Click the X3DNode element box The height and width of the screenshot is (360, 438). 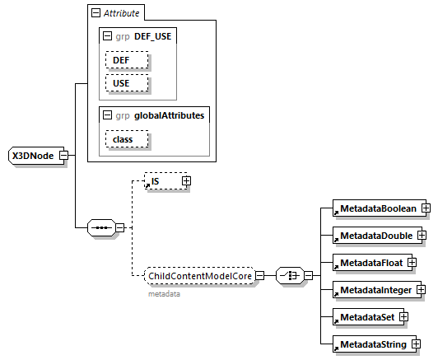(x=32, y=155)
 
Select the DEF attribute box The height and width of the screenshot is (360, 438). (x=126, y=60)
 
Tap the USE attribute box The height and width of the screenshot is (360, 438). (x=126, y=83)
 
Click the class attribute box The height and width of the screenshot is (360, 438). (x=126, y=139)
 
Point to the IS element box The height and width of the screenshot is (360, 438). (x=162, y=180)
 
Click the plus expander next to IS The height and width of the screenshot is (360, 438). (x=186, y=180)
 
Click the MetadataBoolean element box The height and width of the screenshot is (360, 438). (x=375, y=208)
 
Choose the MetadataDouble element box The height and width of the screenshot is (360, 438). (x=373, y=236)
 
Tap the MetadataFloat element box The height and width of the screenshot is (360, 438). (x=368, y=263)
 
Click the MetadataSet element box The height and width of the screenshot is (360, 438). (x=363, y=316)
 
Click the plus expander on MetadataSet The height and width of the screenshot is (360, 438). (x=403, y=316)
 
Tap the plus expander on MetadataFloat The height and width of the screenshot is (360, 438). (x=412, y=263)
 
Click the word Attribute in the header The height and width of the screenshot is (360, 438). (x=122, y=13)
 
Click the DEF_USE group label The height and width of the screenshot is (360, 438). (x=156, y=37)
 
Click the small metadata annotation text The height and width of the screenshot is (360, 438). (x=164, y=293)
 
